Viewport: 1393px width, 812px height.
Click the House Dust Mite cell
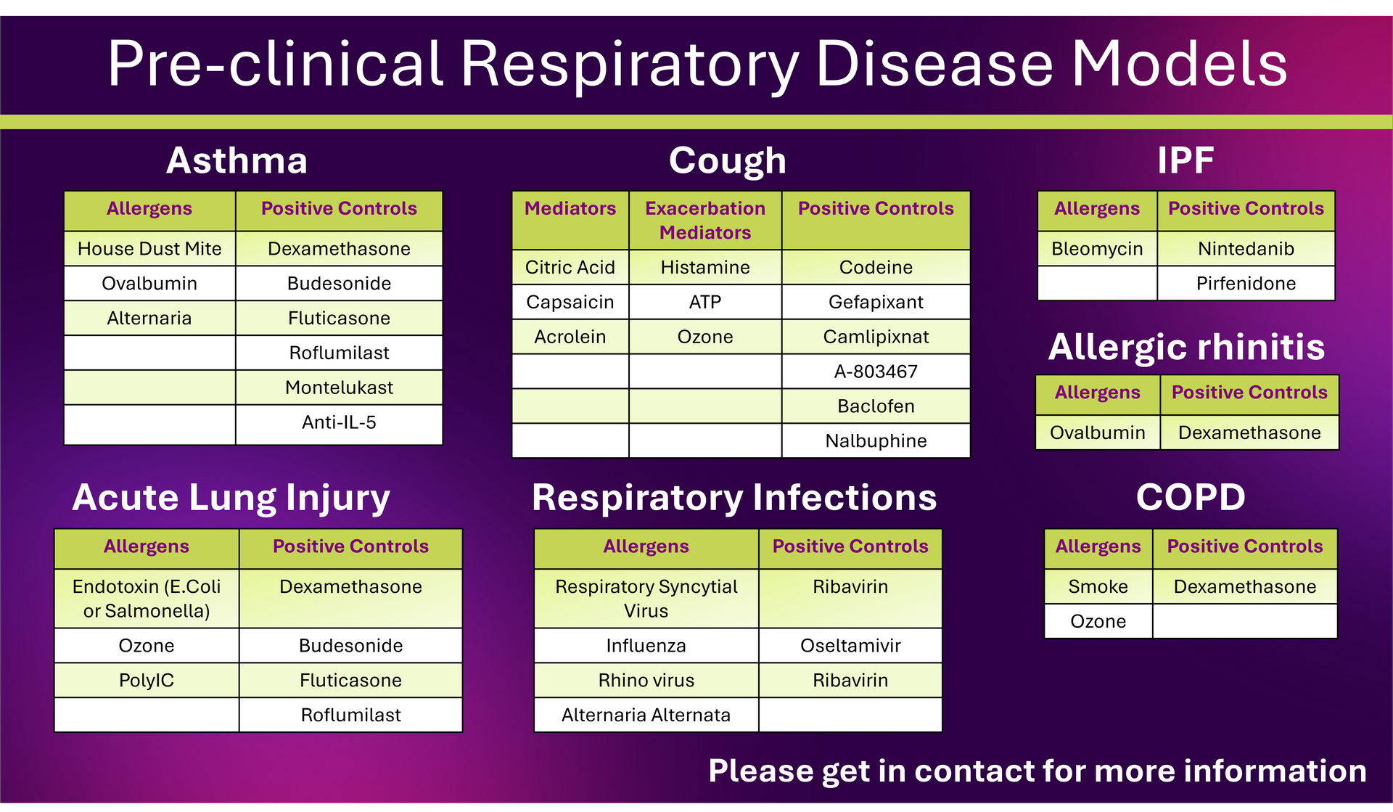click(x=149, y=249)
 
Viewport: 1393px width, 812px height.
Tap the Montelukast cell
click(x=339, y=387)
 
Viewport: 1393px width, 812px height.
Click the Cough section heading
click(x=728, y=160)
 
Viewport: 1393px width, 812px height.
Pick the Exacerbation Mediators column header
click(x=705, y=220)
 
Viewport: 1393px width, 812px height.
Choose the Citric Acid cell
click(x=570, y=267)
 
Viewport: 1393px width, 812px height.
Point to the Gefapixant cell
click(x=876, y=302)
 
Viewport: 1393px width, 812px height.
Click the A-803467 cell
click(x=876, y=372)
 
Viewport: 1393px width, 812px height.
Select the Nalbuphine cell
click(x=876, y=440)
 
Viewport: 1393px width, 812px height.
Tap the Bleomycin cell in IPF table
click(x=1097, y=249)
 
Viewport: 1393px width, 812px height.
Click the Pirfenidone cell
click(x=1246, y=283)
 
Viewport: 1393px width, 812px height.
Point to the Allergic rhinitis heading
click(x=1186, y=347)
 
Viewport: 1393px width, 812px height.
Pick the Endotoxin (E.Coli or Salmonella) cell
click(x=147, y=599)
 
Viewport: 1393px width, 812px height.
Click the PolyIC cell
click(x=147, y=680)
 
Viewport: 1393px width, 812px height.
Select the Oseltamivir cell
click(x=850, y=645)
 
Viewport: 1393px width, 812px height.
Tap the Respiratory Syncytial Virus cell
click(x=646, y=599)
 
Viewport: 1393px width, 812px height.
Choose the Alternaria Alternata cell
click(x=646, y=715)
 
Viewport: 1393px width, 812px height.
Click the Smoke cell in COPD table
click(x=1098, y=586)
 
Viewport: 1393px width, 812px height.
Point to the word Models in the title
click(x=1179, y=64)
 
